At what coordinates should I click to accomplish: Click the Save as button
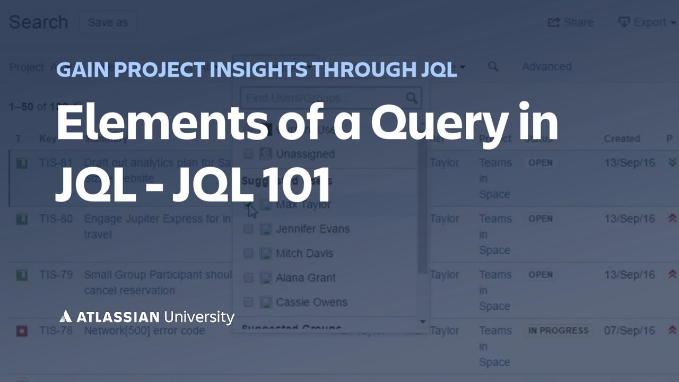pyautogui.click(x=108, y=23)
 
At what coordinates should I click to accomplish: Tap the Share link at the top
pyautogui.click(x=571, y=23)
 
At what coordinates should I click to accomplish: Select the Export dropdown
pyautogui.click(x=647, y=23)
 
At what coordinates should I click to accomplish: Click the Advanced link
pyautogui.click(x=546, y=67)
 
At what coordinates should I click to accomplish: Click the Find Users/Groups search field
pyautogui.click(x=324, y=98)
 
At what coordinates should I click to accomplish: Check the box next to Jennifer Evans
pyautogui.click(x=248, y=229)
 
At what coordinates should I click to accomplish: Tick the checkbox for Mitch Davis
pyautogui.click(x=248, y=254)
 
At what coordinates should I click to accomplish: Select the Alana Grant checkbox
pyautogui.click(x=248, y=278)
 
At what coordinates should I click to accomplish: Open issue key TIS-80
pyautogui.click(x=56, y=219)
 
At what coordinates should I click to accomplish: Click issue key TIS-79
pyautogui.click(x=56, y=275)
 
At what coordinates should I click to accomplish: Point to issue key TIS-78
pyautogui.click(x=56, y=331)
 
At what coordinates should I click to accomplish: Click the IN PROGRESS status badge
pyautogui.click(x=558, y=331)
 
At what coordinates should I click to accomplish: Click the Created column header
pyautogui.click(x=622, y=139)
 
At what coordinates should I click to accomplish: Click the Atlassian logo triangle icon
pyautogui.click(x=65, y=317)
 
